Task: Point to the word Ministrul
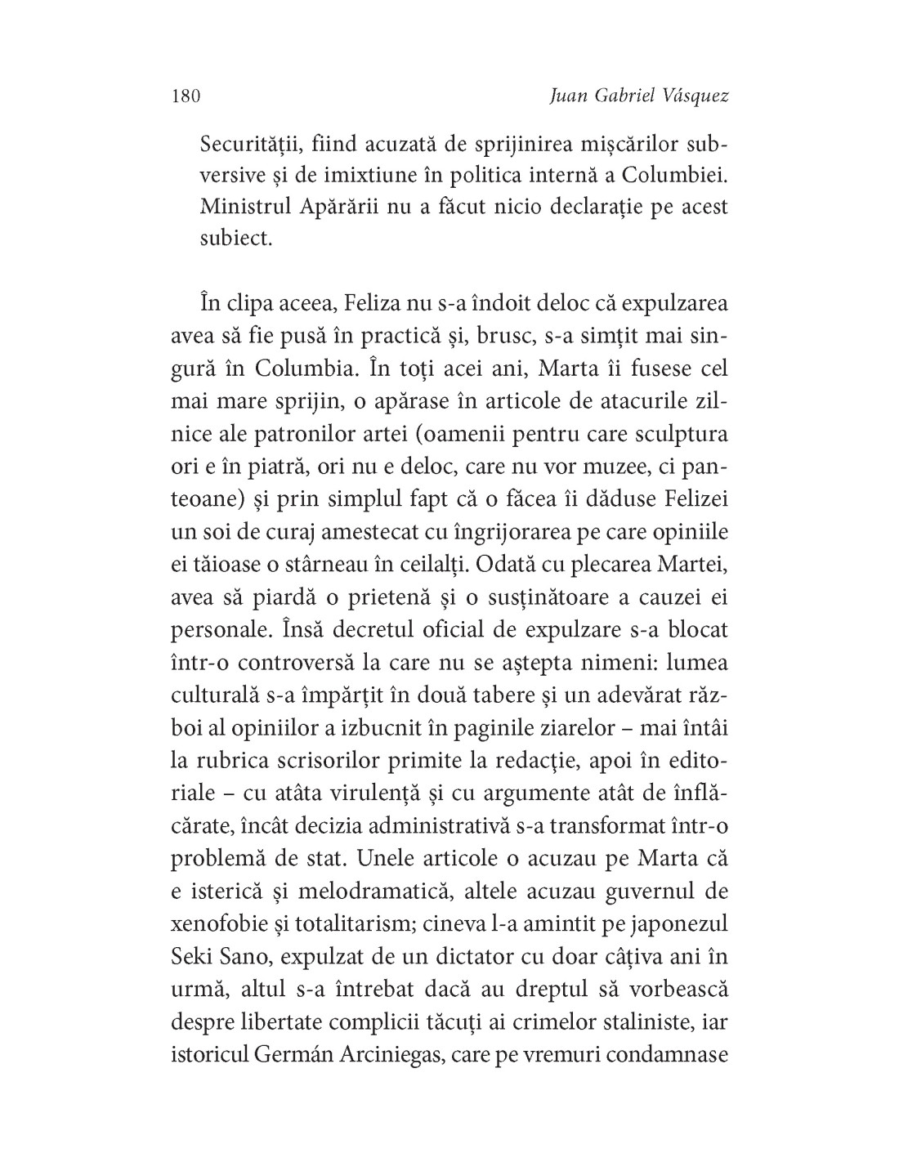point(245,207)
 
